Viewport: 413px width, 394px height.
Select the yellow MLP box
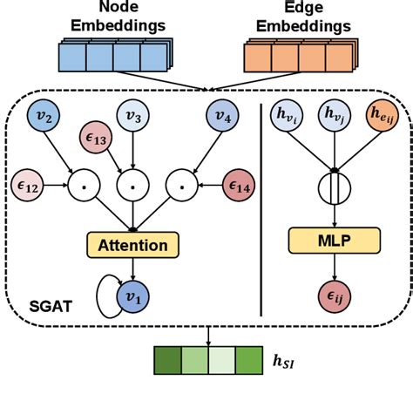(x=335, y=238)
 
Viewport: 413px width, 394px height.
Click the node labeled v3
(x=132, y=116)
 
